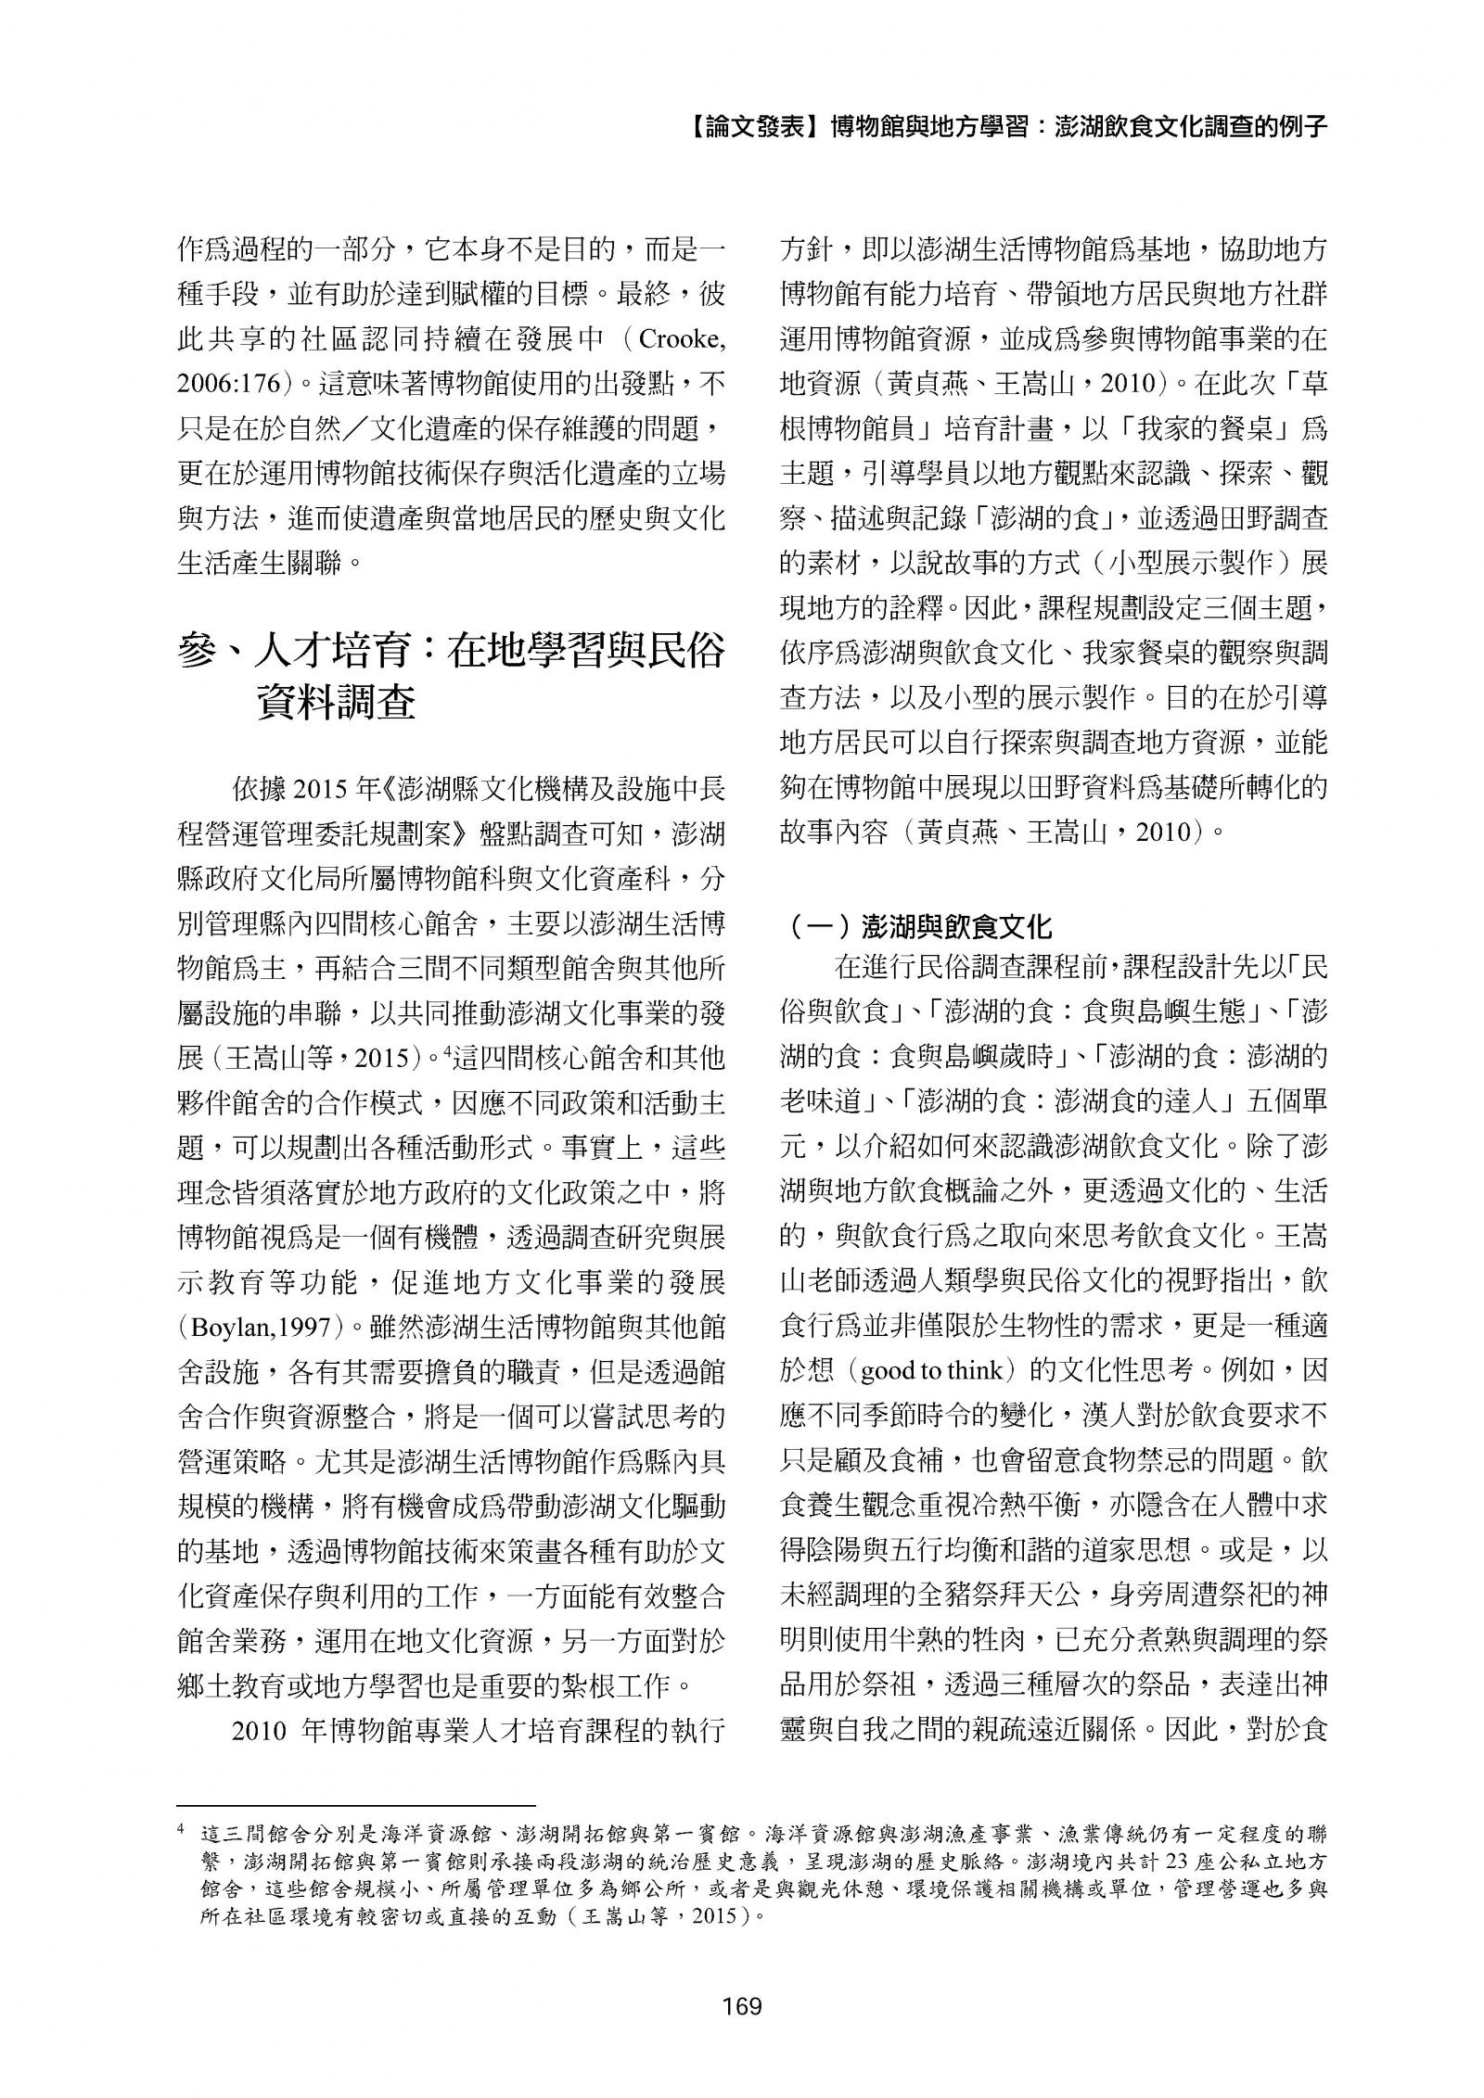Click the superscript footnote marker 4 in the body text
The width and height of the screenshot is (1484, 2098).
(445, 1049)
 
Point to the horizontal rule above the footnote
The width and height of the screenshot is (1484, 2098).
(357, 1807)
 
